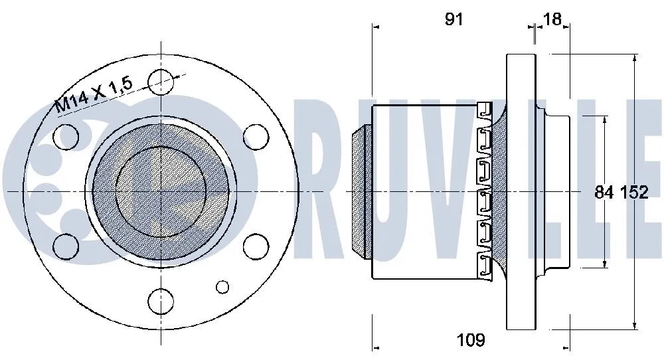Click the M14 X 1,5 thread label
click(94, 94)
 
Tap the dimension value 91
click(454, 19)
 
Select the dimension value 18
click(552, 19)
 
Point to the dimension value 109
click(471, 341)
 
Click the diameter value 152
click(633, 193)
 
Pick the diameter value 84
click(604, 193)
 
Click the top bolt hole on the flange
click(160, 82)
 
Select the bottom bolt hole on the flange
click(160, 301)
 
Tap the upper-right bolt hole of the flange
click(255, 137)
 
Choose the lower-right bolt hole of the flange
click(255, 246)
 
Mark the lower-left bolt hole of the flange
click(65, 246)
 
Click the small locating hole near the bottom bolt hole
click(222, 286)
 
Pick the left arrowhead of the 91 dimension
click(376, 27)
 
